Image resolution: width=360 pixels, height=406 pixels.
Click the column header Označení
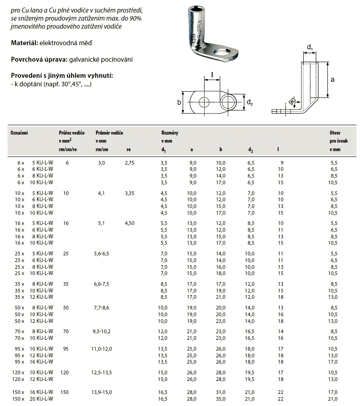[19, 133]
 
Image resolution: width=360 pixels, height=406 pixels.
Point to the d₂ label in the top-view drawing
[250, 103]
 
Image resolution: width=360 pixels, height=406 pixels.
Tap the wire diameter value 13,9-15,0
[103, 392]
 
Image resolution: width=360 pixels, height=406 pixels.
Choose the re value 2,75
[129, 163]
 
